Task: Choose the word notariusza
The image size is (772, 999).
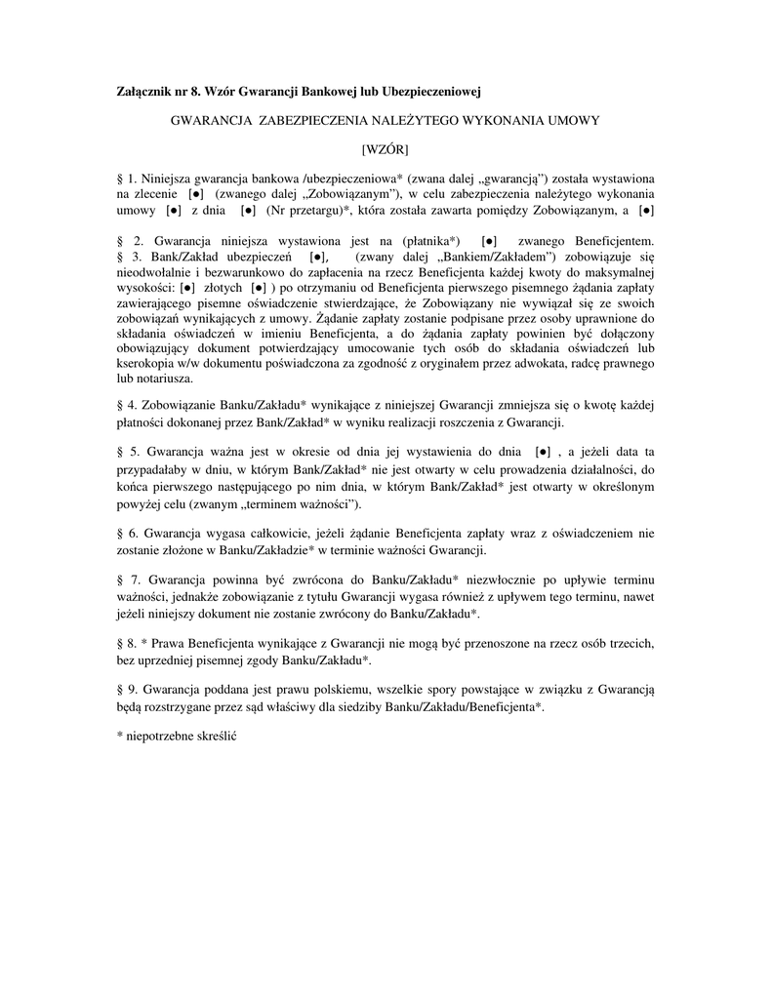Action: coord(160,380)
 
